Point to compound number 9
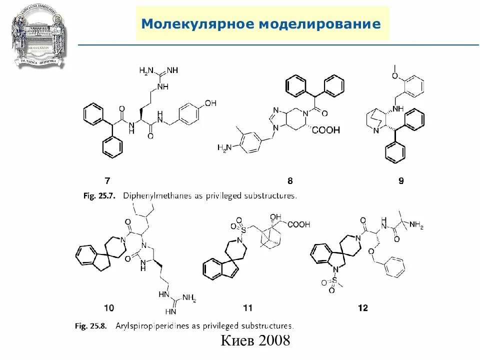401,180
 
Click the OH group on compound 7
210,103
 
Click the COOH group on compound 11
298,224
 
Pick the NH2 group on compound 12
415,226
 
